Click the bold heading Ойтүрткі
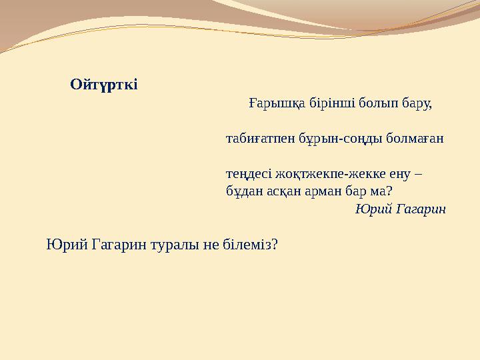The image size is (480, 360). [x=104, y=85]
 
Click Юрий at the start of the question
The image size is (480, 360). [x=62, y=245]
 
